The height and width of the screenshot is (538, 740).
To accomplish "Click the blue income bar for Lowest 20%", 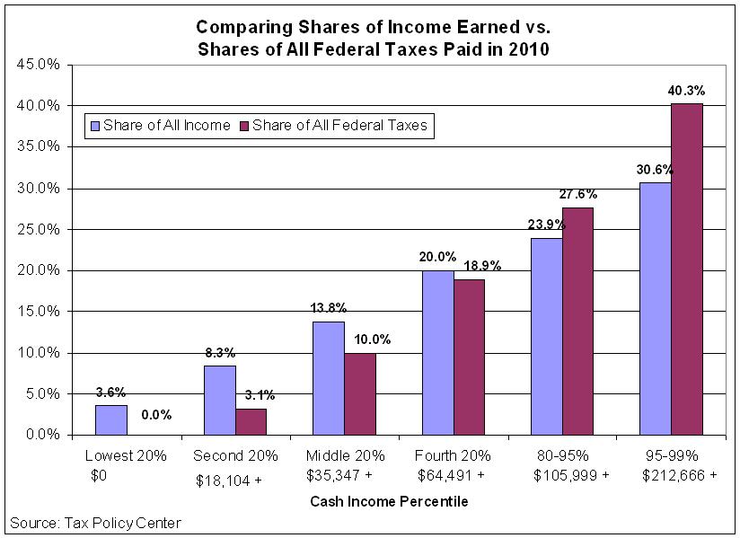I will (111, 419).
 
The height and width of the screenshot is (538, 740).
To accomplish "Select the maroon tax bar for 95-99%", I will (687, 269).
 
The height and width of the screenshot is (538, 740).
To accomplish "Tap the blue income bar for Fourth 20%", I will (437, 352).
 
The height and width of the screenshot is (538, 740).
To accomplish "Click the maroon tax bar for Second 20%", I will (251, 421).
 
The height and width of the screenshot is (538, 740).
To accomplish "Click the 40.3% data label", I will (687, 91).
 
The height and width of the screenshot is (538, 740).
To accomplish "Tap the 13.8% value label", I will (327, 308).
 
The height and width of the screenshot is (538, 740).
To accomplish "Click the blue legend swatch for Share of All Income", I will (94, 126).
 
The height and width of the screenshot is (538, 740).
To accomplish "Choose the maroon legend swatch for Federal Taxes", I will (243, 126).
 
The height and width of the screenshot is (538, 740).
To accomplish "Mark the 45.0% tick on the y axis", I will (39, 65).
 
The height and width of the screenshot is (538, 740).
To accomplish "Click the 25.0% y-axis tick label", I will (39, 230).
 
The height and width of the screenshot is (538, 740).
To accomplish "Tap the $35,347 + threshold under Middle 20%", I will (346, 476).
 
